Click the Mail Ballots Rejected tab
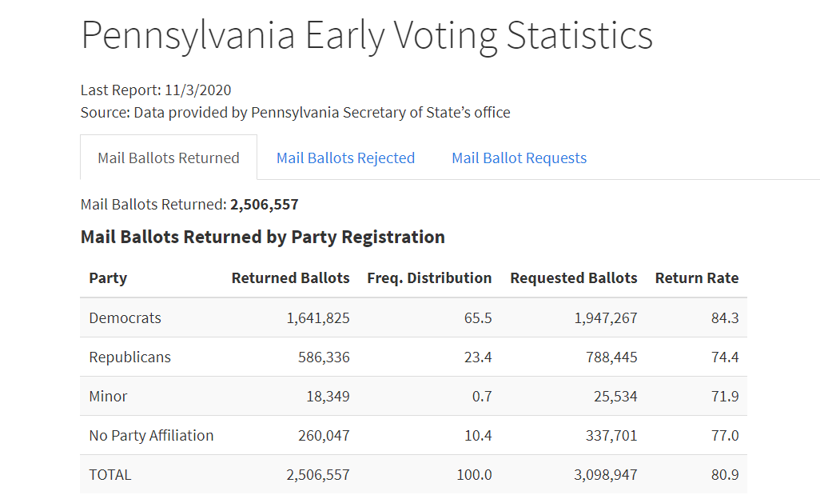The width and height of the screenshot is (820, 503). pos(345,158)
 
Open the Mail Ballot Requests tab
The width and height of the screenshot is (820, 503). pos(519,158)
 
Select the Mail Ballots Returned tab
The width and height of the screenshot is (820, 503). pos(169,158)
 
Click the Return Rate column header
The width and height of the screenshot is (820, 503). pos(696,278)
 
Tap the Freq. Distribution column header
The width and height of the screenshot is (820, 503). pos(429,278)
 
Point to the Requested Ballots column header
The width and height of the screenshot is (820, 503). pos(573,278)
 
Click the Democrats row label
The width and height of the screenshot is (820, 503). pos(125,318)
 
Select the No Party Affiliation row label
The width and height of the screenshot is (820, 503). pos(151,436)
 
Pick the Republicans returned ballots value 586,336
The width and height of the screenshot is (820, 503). pos(318,357)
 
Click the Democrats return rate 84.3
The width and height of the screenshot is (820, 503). pos(725,318)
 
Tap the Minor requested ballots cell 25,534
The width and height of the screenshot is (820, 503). pos(611,397)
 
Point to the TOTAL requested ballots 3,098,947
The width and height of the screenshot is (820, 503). pos(606,475)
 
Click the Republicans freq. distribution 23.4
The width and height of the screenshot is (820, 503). pos(478,357)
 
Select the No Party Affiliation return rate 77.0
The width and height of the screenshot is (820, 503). pos(725,436)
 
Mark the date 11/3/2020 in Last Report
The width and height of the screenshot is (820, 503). pos(198,90)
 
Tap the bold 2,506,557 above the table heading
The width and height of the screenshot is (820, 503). pos(265,205)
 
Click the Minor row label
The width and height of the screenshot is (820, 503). pos(108,397)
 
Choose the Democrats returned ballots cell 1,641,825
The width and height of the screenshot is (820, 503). pos(318,318)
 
